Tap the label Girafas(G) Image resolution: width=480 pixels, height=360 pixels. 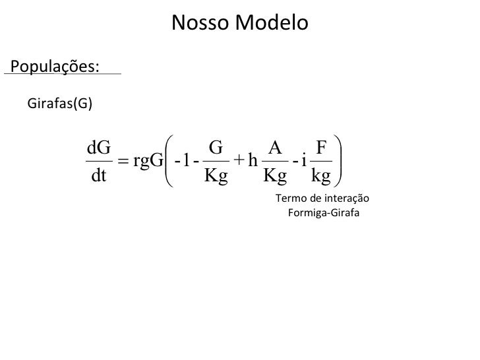(x=60, y=103)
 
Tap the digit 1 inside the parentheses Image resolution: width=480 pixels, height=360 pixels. (x=187, y=161)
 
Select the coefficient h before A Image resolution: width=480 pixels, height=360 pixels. (x=253, y=161)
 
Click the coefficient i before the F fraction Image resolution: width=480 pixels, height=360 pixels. (x=303, y=161)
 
